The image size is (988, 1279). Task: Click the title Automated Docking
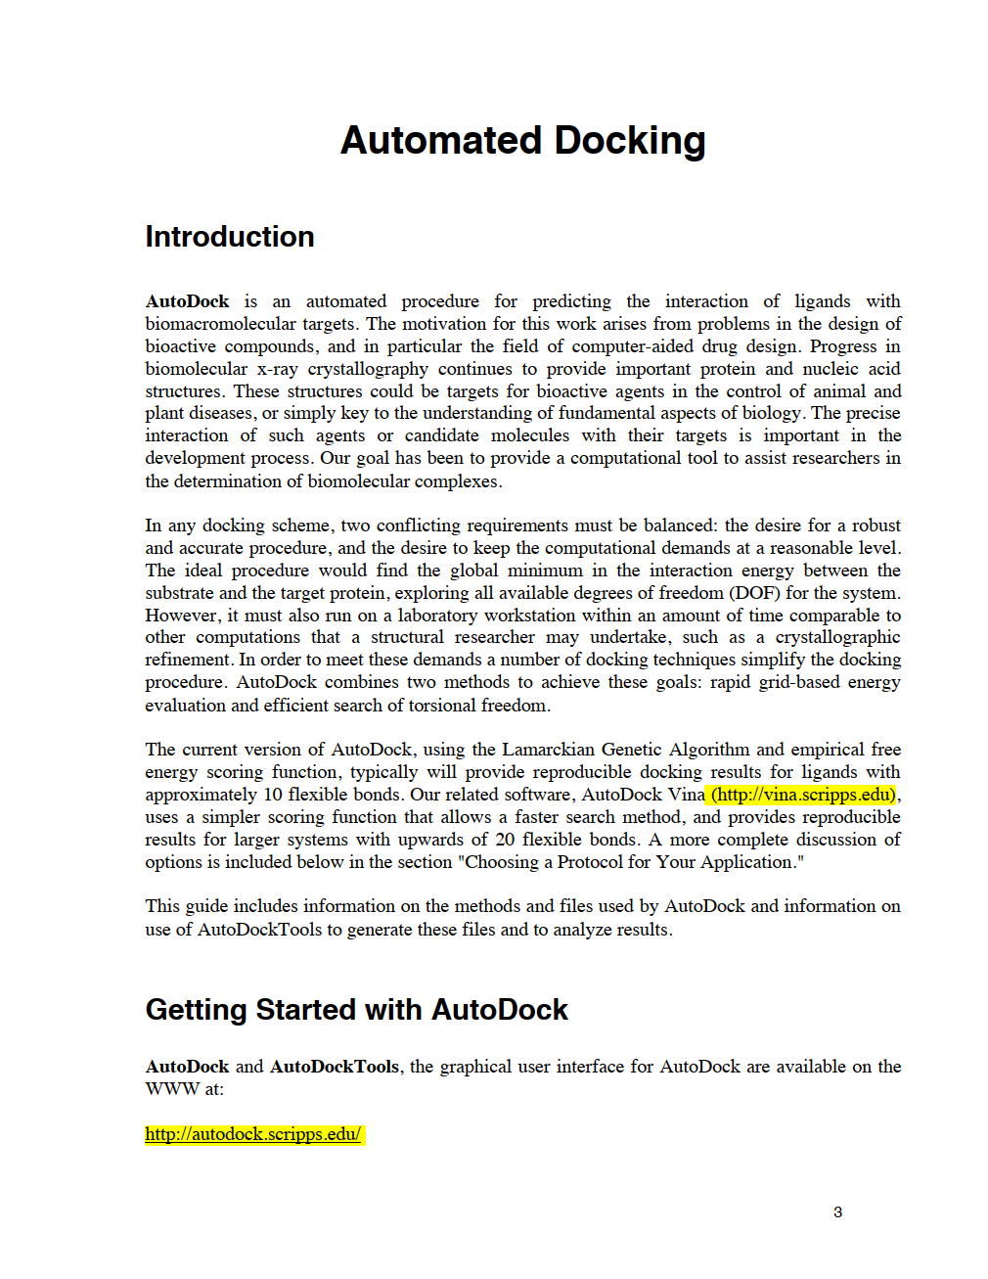pos(522,141)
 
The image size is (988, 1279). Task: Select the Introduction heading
pos(230,237)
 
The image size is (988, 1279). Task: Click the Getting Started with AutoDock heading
pos(356,1010)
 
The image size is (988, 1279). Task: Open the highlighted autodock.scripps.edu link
pos(253,1134)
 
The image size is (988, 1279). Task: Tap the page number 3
pos(837,1212)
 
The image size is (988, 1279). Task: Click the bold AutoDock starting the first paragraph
pos(187,301)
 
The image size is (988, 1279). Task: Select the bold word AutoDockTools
pos(335,1067)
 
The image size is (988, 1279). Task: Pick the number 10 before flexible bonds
pos(273,795)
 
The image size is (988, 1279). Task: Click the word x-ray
pos(279,369)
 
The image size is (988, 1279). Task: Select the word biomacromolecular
pos(220,324)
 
